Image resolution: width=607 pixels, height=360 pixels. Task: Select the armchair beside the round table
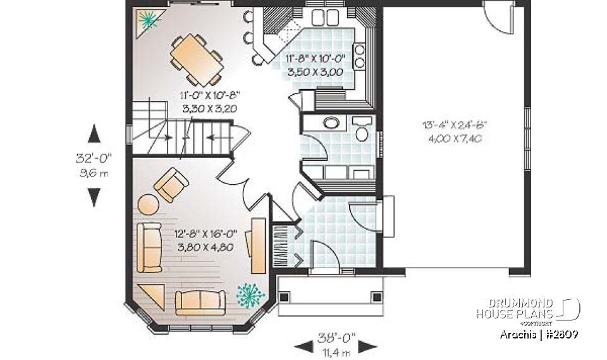point(172,185)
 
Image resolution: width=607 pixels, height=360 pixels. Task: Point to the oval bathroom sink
point(331,123)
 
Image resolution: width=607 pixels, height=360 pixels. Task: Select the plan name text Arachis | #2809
point(539,333)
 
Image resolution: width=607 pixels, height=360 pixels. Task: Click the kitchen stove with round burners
point(360,56)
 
